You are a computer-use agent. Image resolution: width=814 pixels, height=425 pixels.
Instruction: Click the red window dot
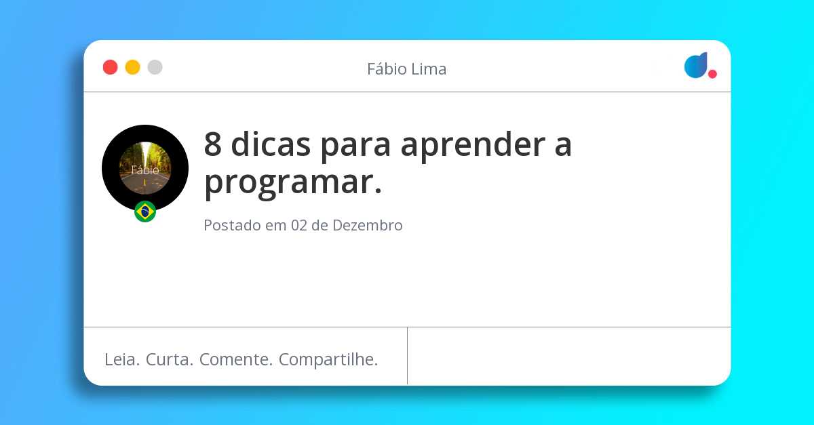point(110,67)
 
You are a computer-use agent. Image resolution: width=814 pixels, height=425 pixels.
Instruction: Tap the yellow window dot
point(132,67)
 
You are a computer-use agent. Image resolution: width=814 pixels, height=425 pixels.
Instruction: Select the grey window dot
point(155,67)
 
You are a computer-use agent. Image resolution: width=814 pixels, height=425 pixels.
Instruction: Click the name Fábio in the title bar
point(387,69)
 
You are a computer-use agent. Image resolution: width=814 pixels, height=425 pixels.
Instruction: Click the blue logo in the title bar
point(696,65)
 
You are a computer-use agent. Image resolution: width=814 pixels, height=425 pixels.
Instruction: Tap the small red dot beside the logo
point(712,74)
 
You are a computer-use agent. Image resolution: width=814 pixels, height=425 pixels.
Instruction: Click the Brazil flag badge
point(145,211)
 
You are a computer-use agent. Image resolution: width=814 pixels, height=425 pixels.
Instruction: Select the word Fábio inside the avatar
point(145,170)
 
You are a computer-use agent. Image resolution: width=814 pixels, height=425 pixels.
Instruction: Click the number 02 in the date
point(298,226)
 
